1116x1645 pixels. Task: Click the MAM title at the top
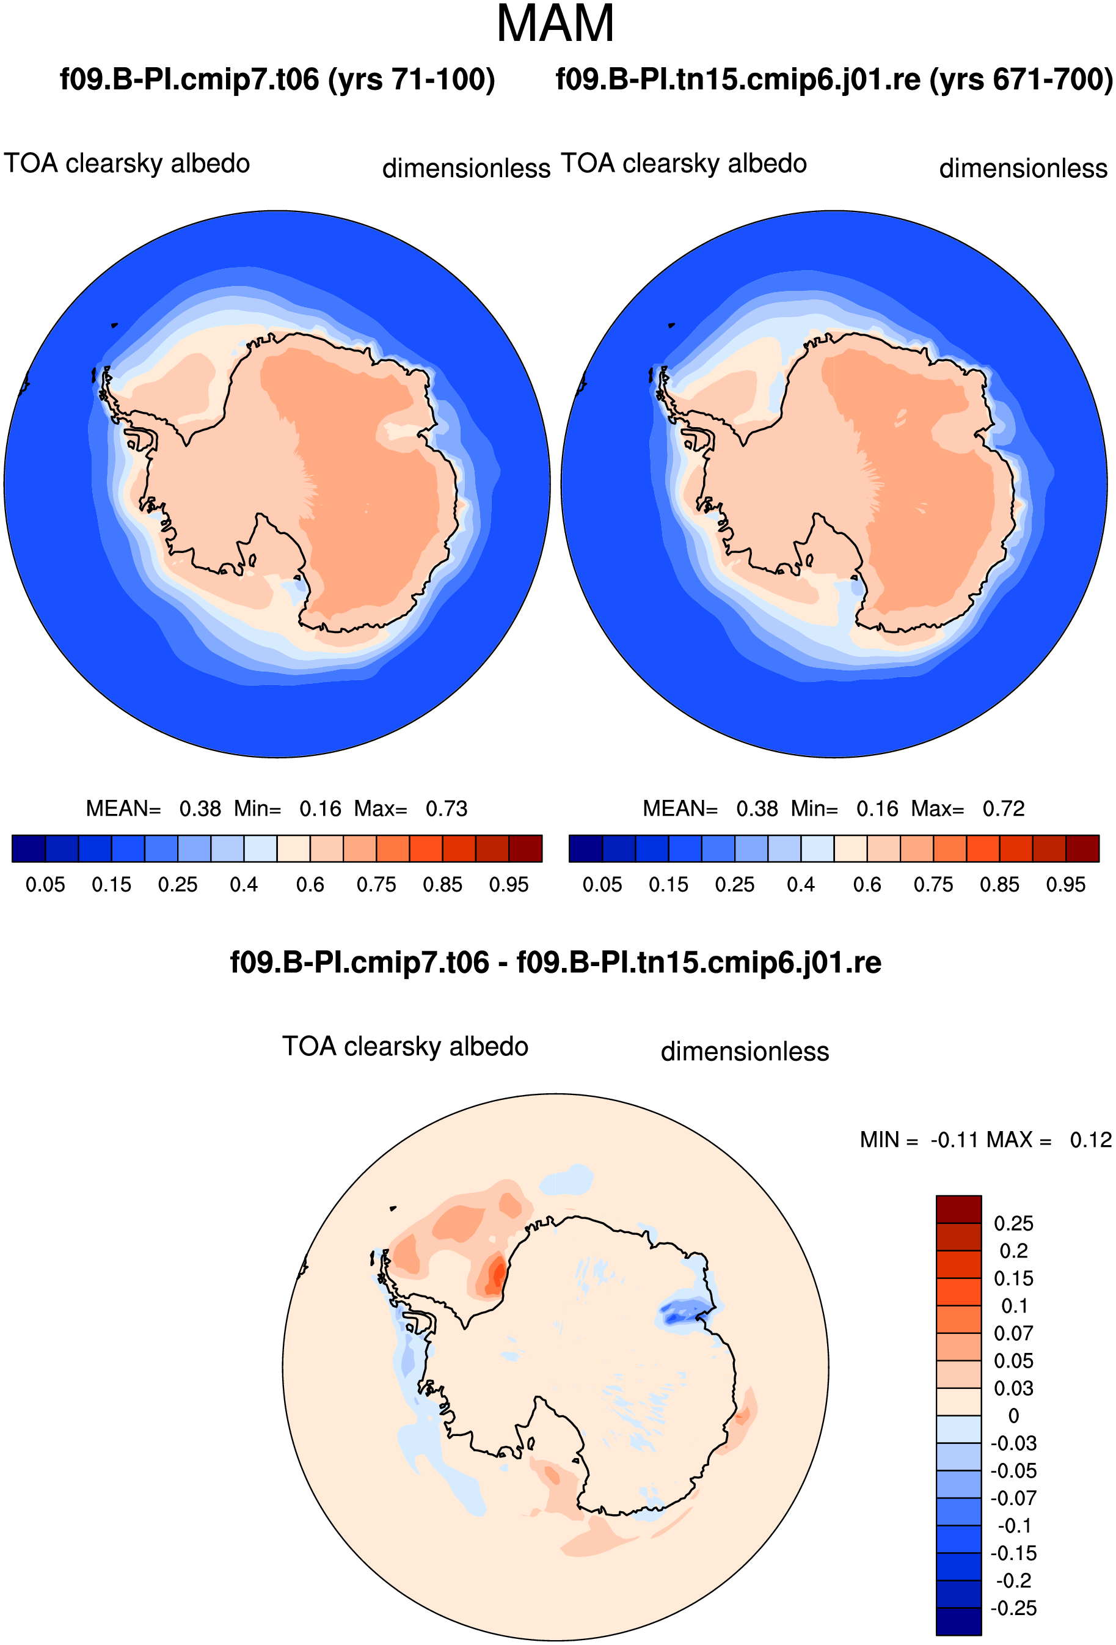555,24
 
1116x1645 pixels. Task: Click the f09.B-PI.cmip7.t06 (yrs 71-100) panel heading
277,79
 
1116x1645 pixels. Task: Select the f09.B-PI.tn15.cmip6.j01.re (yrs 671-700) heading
834,79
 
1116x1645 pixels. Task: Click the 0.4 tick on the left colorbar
244,885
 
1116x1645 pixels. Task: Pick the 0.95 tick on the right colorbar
1066,885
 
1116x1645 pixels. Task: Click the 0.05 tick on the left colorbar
45,885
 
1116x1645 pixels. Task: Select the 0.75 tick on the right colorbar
933,885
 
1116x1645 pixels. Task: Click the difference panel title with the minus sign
555,962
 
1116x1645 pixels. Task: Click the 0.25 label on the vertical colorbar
1013,1223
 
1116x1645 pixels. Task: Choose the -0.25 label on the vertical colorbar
1013,1608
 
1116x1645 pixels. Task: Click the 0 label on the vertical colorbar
1013,1416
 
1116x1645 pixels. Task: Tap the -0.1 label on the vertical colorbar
1014,1526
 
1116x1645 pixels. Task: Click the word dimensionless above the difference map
745,1051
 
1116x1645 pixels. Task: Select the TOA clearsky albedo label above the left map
126,164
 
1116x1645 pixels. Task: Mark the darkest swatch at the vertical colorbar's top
958,1209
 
